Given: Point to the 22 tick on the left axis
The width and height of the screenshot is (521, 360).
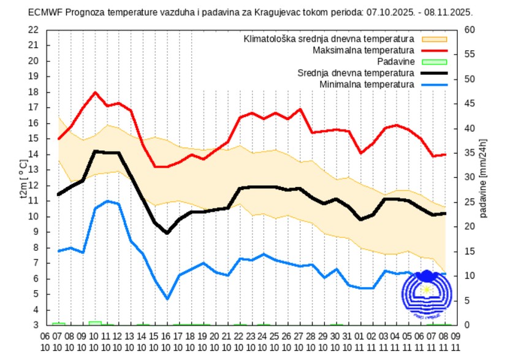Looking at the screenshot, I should (34, 29).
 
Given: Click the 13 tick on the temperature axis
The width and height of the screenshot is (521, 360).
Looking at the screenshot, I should (34, 170).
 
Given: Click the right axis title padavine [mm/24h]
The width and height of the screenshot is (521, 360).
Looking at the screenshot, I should (484, 177).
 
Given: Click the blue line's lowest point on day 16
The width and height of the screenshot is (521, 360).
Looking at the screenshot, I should (167, 299).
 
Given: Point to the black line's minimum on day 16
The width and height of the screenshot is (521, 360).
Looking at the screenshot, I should (167, 233).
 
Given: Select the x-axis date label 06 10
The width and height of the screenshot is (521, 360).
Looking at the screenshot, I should (46, 342).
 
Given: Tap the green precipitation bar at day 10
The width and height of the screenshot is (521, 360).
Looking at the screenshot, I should (95, 323).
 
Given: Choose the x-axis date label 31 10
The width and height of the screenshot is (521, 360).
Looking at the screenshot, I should (346, 342).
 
